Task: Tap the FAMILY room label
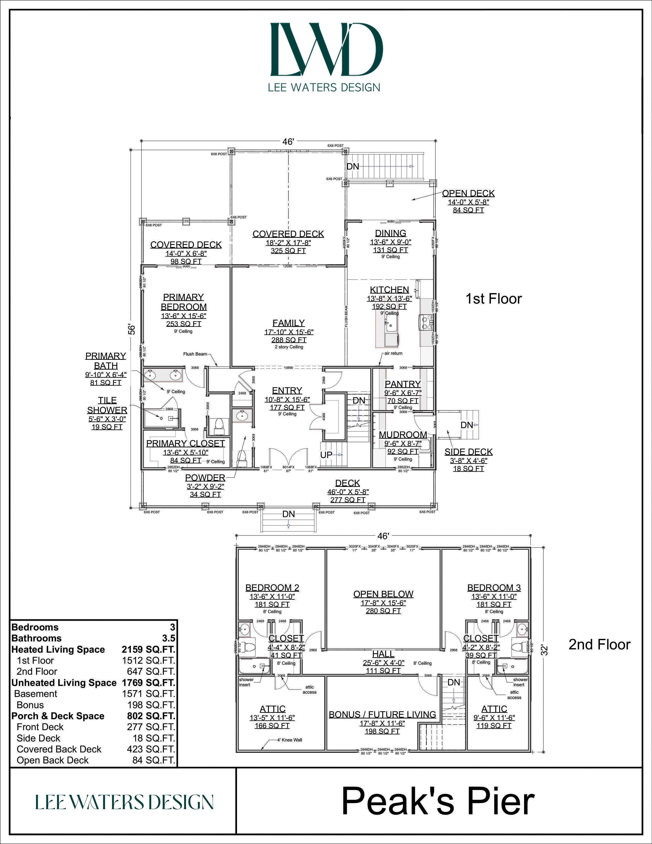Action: click(x=288, y=323)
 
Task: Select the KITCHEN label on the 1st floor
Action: click(x=389, y=290)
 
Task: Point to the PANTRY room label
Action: click(x=402, y=384)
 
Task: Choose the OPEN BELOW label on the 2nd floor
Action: click(x=383, y=594)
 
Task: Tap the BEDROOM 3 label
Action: click(x=494, y=588)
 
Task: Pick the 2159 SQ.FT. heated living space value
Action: click(x=148, y=650)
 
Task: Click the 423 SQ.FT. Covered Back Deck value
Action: click(x=151, y=749)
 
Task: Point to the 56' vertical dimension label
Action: click(x=132, y=329)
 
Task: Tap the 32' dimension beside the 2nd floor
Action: click(x=544, y=650)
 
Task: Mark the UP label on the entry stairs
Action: click(x=326, y=455)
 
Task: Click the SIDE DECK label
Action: click(x=468, y=452)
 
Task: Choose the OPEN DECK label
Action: click(x=468, y=193)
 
